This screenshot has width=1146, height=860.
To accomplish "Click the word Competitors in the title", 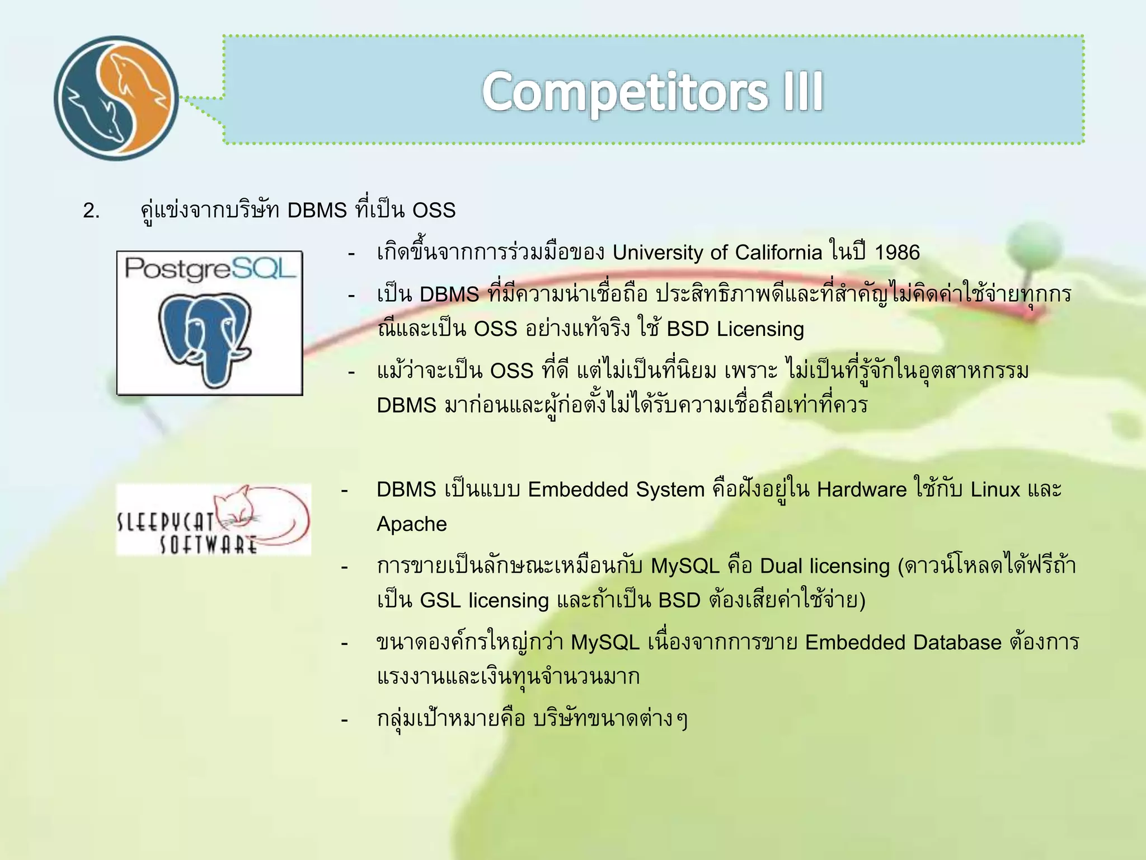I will click(625, 92).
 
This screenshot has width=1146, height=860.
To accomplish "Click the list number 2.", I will click(91, 211).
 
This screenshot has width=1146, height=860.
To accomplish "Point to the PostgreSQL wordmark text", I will click(209, 269).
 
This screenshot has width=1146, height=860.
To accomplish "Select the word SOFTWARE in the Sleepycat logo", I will click(208, 545).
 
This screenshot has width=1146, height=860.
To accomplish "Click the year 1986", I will click(896, 253).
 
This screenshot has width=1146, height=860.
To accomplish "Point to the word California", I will click(778, 253).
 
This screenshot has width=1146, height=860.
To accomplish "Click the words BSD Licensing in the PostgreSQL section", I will click(735, 329).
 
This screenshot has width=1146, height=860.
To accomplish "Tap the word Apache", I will click(411, 525).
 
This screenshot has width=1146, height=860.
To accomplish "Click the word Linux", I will click(995, 490).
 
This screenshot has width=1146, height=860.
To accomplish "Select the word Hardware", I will click(861, 490).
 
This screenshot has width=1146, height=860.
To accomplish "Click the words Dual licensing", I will click(824, 567).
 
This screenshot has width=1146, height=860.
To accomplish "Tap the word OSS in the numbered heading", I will click(434, 211).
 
